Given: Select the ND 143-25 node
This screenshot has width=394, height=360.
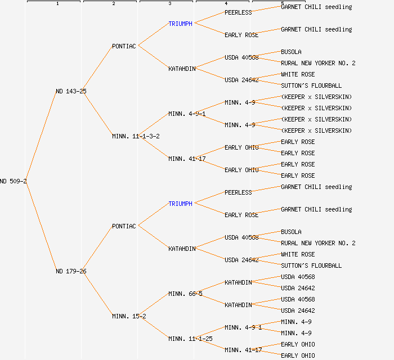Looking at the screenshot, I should click(71, 91).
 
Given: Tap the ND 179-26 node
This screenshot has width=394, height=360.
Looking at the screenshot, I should click(71, 271).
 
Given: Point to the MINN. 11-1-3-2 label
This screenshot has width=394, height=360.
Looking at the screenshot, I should click(136, 136).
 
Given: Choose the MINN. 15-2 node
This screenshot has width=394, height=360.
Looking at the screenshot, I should click(129, 316).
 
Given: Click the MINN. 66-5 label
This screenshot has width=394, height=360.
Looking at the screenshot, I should click(185, 294).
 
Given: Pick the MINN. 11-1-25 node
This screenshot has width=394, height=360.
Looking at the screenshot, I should click(190, 339).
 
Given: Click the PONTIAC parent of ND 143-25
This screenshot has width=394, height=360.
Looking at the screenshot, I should click(124, 46).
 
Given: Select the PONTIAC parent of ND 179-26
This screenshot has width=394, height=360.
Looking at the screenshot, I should click(124, 226).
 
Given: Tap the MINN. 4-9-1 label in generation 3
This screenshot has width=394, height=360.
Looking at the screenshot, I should click(187, 114).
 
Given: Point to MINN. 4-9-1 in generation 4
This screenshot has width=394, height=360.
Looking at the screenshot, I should click(243, 327).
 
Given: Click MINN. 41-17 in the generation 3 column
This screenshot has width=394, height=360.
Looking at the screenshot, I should click(187, 159).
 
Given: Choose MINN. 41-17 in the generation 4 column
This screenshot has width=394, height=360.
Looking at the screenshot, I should click(243, 350).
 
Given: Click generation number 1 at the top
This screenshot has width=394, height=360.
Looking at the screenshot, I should click(57, 4).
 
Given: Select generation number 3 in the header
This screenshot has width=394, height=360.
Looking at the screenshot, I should click(169, 4).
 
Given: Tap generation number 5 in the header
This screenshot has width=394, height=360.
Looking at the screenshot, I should click(282, 4).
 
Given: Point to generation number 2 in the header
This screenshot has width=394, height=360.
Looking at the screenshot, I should click(113, 4).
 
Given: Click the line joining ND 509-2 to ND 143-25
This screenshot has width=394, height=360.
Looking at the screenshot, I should click(41, 136).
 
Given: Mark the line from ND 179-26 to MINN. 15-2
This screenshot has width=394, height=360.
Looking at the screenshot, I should click(99, 294).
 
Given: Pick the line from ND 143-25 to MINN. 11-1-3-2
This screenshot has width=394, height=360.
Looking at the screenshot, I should click(99, 114).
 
